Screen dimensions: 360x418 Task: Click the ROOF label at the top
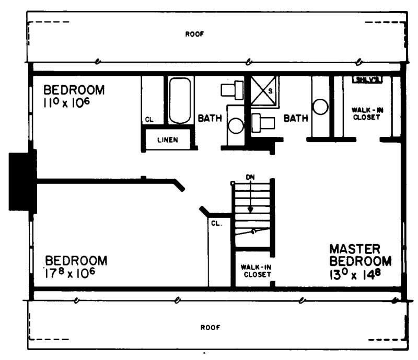(194, 34)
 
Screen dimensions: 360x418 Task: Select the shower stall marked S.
(264, 91)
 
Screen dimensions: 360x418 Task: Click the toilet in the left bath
(233, 90)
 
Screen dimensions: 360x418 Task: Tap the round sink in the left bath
(236, 126)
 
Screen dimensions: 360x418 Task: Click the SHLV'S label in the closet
(368, 79)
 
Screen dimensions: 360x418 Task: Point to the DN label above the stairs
(251, 177)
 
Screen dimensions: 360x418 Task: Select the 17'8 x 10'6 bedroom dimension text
(69, 273)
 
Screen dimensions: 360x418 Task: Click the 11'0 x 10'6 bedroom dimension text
(66, 102)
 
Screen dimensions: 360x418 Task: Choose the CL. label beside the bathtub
(149, 120)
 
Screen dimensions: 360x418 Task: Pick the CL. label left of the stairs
(216, 223)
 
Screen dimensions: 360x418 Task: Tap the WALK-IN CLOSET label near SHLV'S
(365, 114)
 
